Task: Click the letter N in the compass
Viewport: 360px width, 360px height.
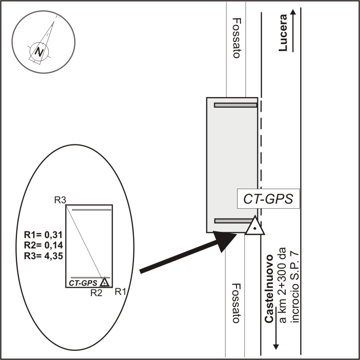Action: tap(39, 52)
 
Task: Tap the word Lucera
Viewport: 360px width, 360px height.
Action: tap(283, 33)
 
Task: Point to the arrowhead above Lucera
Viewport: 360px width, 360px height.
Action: tap(293, 12)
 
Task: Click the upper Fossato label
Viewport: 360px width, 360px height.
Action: tap(236, 38)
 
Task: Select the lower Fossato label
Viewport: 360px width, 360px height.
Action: tap(236, 303)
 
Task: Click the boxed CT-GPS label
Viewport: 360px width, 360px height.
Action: tap(268, 199)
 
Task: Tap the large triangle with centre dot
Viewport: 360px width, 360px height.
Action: tap(255, 226)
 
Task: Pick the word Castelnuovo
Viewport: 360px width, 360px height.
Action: tap(269, 289)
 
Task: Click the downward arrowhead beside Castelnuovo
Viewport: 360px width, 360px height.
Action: tap(276, 347)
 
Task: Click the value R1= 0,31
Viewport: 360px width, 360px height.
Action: tap(44, 235)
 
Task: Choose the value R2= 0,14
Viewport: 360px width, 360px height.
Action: tap(44, 245)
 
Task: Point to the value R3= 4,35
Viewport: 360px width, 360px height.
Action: tap(44, 256)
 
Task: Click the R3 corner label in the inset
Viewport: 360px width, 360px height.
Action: tap(60, 200)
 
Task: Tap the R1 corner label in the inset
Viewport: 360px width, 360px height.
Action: tap(120, 292)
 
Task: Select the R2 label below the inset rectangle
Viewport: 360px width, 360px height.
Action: tap(96, 293)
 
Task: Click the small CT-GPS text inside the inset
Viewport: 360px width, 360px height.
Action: tap(83, 283)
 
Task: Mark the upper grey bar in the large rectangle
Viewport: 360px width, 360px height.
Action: tap(236, 105)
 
